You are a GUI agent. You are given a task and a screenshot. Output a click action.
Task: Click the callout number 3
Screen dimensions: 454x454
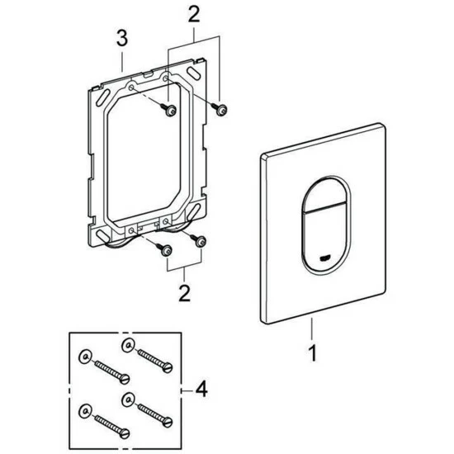click(122, 38)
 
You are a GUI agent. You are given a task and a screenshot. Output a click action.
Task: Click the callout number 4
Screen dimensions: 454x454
click(201, 389)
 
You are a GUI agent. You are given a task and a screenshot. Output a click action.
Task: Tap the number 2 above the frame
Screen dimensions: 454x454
click(194, 15)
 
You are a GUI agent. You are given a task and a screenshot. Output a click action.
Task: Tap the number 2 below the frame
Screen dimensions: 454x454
click(185, 293)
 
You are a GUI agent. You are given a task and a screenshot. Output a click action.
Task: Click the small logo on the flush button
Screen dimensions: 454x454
click(325, 258)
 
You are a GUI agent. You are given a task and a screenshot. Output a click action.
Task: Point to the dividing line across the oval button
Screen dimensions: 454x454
click(325, 209)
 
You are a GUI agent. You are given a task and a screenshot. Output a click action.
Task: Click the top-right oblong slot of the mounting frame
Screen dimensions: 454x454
click(194, 73)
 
